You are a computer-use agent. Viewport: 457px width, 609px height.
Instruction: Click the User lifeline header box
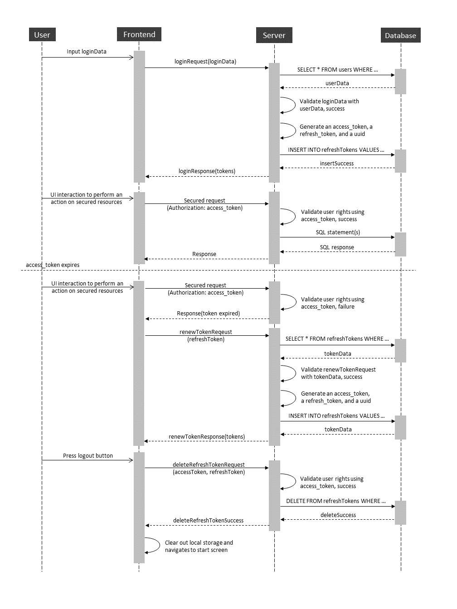(x=42, y=34)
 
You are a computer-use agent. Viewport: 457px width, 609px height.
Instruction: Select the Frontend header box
(x=139, y=34)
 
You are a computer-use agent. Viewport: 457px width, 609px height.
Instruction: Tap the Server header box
(x=274, y=35)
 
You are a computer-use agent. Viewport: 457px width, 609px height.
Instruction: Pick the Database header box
(x=400, y=35)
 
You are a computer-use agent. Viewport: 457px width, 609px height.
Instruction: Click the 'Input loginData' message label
(x=87, y=52)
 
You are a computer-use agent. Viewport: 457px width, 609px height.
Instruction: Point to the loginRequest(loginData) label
(x=205, y=61)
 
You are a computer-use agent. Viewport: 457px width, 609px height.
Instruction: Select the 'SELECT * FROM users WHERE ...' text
(x=337, y=70)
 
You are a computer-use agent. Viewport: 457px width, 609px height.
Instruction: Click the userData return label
(x=337, y=83)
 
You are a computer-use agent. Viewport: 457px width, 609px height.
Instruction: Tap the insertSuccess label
(x=337, y=164)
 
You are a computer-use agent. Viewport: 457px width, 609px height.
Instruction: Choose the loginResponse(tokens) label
(x=207, y=171)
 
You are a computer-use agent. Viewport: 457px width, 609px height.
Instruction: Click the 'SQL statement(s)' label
(x=338, y=232)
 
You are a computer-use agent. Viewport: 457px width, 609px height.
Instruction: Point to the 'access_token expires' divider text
(x=53, y=265)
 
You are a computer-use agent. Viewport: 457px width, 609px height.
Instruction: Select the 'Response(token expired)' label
(x=209, y=314)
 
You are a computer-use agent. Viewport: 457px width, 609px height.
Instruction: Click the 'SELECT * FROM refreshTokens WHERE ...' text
(x=337, y=339)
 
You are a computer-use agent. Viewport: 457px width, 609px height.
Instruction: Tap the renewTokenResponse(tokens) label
(x=207, y=437)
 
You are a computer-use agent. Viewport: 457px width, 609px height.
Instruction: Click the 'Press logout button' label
(x=88, y=455)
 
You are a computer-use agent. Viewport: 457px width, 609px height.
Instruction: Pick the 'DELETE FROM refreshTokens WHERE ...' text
(x=336, y=501)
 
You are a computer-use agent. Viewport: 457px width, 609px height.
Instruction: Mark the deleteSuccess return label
(x=338, y=515)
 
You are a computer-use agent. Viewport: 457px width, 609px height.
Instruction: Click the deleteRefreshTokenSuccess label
(x=209, y=521)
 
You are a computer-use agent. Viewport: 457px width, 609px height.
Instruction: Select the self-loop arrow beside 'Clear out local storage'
(x=160, y=545)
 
